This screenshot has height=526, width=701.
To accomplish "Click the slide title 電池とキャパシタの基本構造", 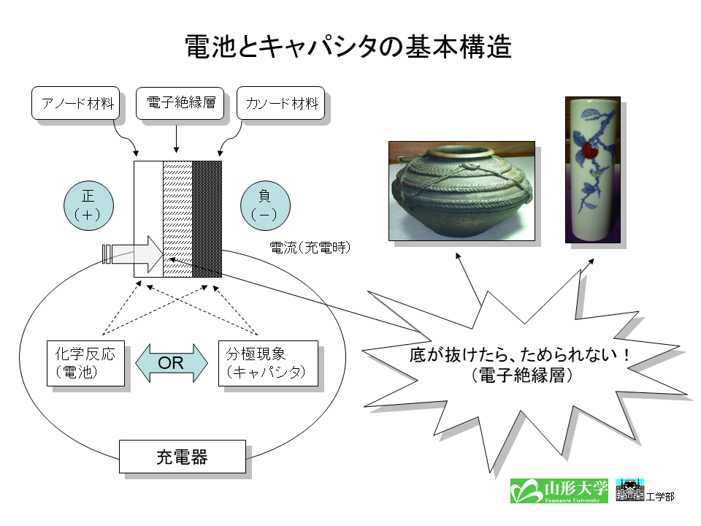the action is pos(348,47).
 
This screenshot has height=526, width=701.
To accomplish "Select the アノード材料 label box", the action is pos(75,103).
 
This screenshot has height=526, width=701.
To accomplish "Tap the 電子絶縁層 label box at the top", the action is pos(180,103).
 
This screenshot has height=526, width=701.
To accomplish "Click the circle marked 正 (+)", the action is pos(88,206).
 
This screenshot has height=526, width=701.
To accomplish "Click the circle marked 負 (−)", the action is pos(266,206).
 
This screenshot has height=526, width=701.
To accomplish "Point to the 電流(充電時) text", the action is pos(310,248).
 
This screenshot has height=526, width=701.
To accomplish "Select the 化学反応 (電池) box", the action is pos(86,363).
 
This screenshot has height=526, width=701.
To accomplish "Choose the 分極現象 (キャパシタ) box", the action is pos(268,363).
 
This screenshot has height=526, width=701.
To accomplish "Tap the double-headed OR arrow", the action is pos(171,363).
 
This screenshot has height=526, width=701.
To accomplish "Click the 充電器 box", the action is pos(183,457).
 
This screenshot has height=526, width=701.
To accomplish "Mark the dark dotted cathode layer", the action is pos(207,219).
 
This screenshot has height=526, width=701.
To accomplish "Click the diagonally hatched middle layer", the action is pos(178,219).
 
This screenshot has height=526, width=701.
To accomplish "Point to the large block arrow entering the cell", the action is pos(133,254).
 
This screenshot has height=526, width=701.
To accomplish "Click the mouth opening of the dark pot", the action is pos(461,152).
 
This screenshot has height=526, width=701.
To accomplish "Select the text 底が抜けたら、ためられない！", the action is pos(521,355).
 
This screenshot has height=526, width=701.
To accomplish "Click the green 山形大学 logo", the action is pos(559,491).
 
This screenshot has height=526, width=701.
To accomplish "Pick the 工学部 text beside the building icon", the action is pos(660,497).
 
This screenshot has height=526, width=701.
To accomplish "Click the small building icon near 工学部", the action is pos(630,489).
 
